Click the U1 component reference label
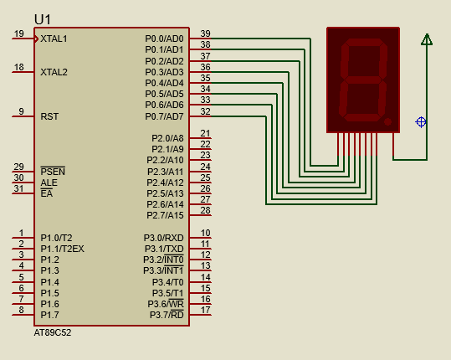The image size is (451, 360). tap(43, 19)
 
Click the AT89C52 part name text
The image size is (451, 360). tap(53, 332)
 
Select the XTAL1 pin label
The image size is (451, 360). tap(54, 39)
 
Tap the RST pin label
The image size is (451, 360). tap(49, 116)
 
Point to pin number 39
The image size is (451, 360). tap(205, 33)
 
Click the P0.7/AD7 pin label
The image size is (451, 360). tap(164, 116)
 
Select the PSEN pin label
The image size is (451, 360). tap(53, 172)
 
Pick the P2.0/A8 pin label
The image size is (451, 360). tap(167, 138)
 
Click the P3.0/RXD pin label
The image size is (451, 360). tap(164, 238)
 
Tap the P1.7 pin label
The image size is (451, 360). tap(49, 315)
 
